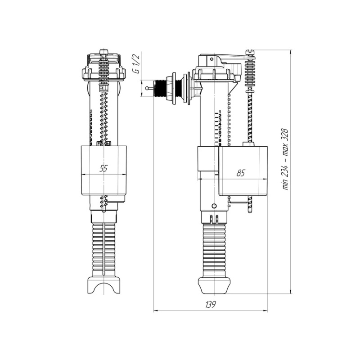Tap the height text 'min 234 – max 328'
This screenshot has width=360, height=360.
pos(285,159)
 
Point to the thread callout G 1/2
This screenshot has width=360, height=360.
pos(137,63)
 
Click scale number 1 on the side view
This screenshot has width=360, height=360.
pos(220,112)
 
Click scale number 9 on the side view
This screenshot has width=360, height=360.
pos(220,144)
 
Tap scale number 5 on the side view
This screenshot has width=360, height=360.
pos(220,128)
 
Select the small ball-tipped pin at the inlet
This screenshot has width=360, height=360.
pos(147,87)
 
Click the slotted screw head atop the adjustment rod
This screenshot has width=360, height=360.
pos(250,52)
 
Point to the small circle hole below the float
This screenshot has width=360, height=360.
pos(213,206)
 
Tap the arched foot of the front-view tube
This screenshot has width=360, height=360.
pos(104,284)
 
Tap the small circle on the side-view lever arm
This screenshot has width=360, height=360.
pos(211,59)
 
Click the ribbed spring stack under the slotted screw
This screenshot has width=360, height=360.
pos(250,72)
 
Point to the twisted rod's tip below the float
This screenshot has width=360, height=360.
pos(249,209)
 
